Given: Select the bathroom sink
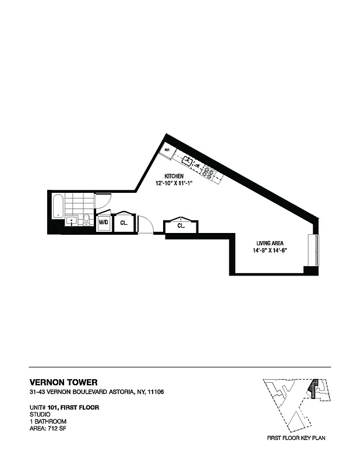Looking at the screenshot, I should click(70, 220).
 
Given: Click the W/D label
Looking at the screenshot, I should click(103, 223).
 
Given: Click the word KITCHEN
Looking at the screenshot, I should click(174, 176).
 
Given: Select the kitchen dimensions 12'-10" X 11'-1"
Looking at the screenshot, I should click(174, 184).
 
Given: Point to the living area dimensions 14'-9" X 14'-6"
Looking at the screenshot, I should click(270, 250).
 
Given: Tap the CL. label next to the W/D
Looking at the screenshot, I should click(123, 223).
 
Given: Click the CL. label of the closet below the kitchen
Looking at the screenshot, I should click(181, 225).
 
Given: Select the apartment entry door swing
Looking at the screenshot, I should click(146, 224).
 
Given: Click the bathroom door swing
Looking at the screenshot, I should click(103, 202).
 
